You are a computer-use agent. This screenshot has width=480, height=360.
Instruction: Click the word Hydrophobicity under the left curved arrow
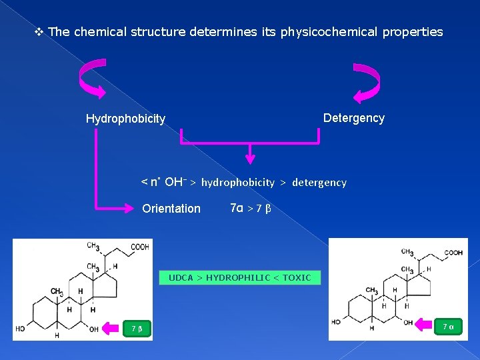coord(125,119)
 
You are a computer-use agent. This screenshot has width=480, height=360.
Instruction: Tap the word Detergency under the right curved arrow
coord(353,118)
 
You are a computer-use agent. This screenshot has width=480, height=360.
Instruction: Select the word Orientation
coord(171,209)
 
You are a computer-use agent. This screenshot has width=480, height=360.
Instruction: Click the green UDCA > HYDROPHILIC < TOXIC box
coord(239,277)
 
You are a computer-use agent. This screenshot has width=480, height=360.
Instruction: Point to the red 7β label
coord(137,329)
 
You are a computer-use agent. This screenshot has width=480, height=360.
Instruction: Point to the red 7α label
coord(447,326)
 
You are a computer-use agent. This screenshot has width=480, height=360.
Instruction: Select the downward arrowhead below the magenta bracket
coord(250,159)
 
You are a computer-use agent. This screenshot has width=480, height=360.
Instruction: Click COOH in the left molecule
coord(140,247)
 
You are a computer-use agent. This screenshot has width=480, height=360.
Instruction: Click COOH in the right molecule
coord(453,253)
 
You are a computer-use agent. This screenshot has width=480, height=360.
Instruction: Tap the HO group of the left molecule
coord(21,329)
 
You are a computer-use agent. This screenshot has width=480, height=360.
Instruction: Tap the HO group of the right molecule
coord(336,322)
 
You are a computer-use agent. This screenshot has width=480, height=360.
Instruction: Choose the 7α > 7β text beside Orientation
coord(250,209)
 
